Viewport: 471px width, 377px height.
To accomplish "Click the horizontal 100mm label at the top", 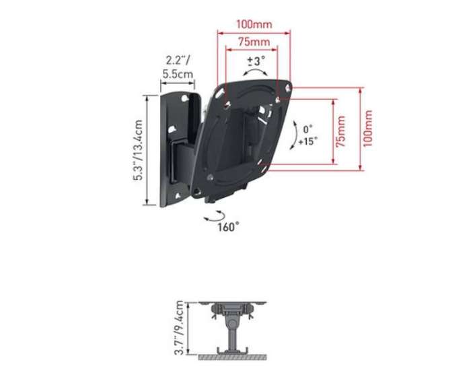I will (254, 24).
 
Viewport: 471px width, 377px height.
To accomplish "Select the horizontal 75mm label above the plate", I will (254, 42).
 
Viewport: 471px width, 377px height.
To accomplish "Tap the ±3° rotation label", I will (256, 61).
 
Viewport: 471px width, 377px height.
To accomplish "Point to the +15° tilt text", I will (307, 141).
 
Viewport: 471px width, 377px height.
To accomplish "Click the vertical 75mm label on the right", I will (342, 131).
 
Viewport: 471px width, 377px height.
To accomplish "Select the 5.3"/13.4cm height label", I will (138, 151).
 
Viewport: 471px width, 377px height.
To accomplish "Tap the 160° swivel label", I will (228, 227).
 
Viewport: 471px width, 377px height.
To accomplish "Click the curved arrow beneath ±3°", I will (256, 71).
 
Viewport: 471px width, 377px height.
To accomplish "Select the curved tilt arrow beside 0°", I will (294, 135).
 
